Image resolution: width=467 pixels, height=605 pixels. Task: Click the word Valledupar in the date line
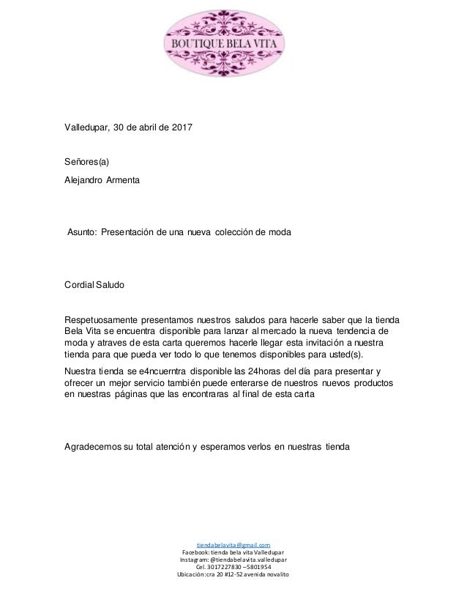(86, 129)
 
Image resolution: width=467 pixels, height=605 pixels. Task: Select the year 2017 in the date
(181, 129)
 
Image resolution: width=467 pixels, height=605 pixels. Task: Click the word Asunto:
(85, 232)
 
